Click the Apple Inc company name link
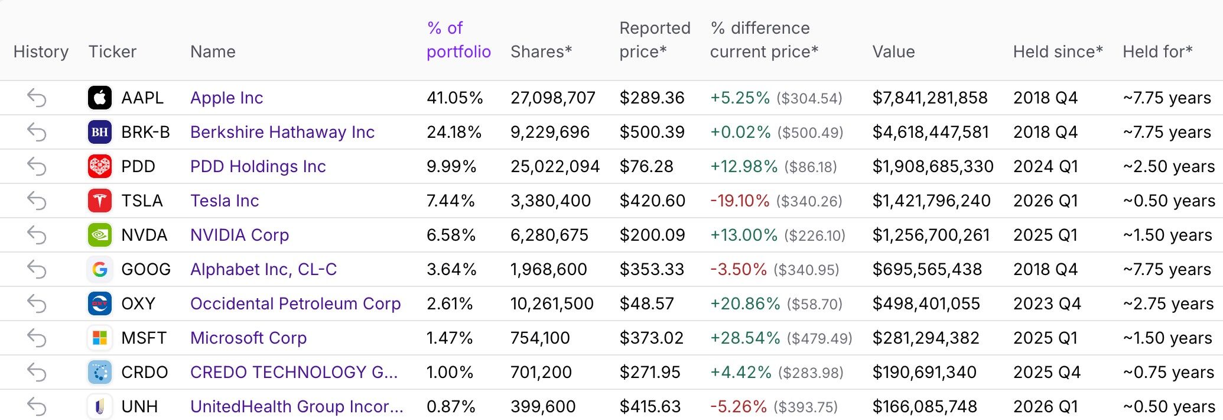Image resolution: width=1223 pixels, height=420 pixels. coord(226,98)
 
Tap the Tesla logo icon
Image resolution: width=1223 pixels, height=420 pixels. coord(100,201)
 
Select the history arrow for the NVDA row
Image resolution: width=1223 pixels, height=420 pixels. coord(37,235)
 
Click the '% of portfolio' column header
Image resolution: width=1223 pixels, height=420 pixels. coord(458,40)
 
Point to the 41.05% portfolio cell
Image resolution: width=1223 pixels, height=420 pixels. coord(454,98)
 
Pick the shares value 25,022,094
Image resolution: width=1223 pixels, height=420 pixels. coord(555,167)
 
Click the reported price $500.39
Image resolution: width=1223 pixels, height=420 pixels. coord(652,133)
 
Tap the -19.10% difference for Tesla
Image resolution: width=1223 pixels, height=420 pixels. coord(740,201)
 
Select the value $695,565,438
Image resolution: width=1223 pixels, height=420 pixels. coord(927,270)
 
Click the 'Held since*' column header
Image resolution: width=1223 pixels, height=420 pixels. coord(1058,52)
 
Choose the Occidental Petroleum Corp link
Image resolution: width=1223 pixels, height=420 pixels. coord(295,304)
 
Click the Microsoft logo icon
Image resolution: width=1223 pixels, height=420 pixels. coord(100,338)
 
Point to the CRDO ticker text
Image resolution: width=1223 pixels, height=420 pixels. coord(145,373)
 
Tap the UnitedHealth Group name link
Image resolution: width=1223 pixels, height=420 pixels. coord(297,407)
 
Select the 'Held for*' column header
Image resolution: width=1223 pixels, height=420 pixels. coord(1157,52)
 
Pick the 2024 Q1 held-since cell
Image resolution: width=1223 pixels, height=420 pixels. coord(1046,167)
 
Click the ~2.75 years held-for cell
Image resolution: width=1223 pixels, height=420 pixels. coord(1168,304)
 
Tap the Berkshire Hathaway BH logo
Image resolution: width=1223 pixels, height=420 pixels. coord(100,132)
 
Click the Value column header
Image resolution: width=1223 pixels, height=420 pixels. coord(893,52)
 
